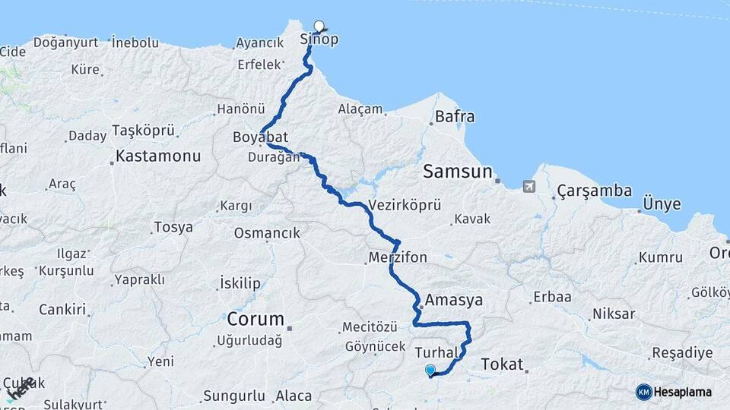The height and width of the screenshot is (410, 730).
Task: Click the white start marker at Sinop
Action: click(x=319, y=26)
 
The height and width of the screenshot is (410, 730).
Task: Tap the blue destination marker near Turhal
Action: click(x=430, y=371)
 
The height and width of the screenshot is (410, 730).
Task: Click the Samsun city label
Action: click(x=458, y=171)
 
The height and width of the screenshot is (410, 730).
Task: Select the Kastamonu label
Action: click(x=158, y=157)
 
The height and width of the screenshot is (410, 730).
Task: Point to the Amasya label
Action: click(x=454, y=300)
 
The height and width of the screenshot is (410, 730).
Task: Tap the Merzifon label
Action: click(x=398, y=257)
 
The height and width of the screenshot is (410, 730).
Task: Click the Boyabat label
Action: click(x=260, y=137)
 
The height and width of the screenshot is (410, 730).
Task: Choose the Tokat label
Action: click(x=503, y=365)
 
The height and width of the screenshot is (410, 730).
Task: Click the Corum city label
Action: click(x=255, y=319)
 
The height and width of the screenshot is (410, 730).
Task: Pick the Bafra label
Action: click(x=455, y=117)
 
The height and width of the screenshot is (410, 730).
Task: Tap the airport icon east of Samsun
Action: click(x=529, y=185)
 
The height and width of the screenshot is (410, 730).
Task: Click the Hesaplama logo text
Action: click(x=683, y=392)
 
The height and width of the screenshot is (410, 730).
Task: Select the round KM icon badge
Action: click(x=643, y=392)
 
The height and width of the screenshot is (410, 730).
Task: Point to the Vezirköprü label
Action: click(x=405, y=205)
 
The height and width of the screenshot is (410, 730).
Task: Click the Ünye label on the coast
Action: click(x=662, y=204)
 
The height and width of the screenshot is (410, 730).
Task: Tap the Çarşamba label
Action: click(x=594, y=191)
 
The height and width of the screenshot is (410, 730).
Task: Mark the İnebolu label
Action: click(x=135, y=43)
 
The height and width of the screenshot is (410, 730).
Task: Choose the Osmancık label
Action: click(x=267, y=233)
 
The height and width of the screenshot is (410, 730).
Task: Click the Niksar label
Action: click(x=613, y=313)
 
